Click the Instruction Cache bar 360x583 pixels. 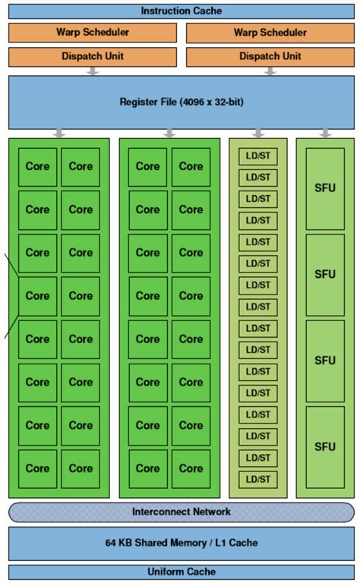[181, 11]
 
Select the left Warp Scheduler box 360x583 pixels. [92, 33]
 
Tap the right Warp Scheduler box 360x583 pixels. [270, 33]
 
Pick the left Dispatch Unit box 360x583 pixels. [92, 56]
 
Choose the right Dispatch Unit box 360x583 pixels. [270, 56]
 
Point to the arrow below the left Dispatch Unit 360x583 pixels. [93, 71]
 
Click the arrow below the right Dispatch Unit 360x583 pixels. [270, 71]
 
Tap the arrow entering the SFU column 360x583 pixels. [325, 134]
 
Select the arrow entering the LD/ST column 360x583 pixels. [258, 134]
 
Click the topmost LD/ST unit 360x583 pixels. [258, 156]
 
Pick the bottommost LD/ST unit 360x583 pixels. [258, 479]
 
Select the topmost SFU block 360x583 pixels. [325, 188]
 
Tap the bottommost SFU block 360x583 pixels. [325, 446]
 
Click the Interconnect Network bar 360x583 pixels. [181, 512]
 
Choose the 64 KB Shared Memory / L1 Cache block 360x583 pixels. [181, 543]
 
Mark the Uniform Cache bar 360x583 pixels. [181, 572]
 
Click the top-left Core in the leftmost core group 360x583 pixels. [37, 166]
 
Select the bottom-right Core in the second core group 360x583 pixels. [191, 468]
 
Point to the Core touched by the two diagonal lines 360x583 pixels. [37, 296]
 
